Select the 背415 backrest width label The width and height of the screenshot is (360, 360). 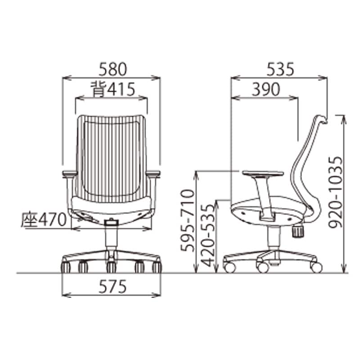pyautogui.click(x=112, y=89)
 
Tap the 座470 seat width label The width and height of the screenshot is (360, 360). pyautogui.click(x=43, y=220)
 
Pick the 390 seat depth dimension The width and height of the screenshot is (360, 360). pyautogui.click(x=265, y=89)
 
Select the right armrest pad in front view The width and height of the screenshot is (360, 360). pyautogui.click(x=153, y=173)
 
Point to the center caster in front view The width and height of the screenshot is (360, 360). pyautogui.click(x=111, y=267)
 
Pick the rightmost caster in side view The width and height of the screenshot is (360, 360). pyautogui.click(x=316, y=267)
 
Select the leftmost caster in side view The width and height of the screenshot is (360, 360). pyautogui.click(x=229, y=267)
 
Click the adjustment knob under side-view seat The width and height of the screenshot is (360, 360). pyautogui.click(x=297, y=231)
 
